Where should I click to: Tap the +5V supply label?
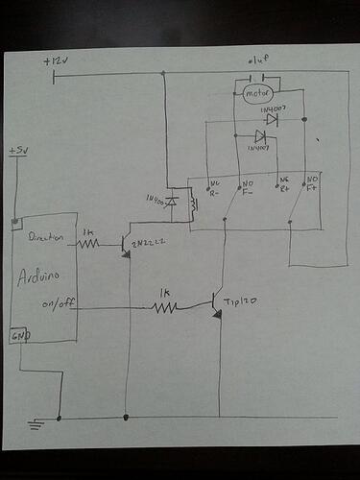point(18,152)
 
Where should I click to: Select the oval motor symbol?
point(254,94)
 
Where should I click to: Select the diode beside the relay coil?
point(172,202)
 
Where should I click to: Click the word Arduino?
point(39,278)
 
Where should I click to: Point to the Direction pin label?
point(47,236)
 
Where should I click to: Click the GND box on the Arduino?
point(19,336)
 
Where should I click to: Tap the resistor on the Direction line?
point(89,244)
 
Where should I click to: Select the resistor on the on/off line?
point(166,307)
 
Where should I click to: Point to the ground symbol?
point(37,422)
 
